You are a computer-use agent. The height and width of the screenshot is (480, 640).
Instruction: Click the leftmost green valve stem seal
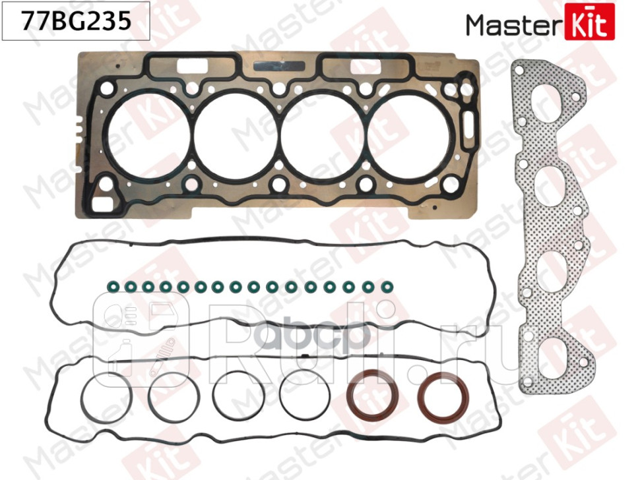(112, 287)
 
